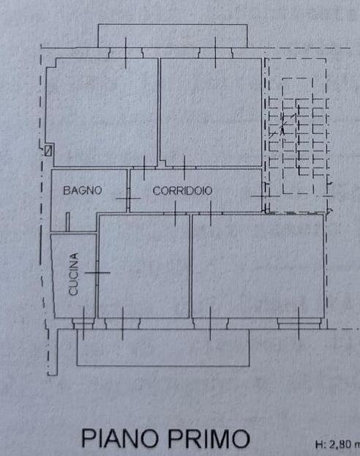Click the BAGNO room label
coord(82,190)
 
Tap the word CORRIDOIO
coord(182,190)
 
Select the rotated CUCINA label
coord(73,274)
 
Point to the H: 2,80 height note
coord(337,444)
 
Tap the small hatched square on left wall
coord(48,152)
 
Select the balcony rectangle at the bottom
coord(162,350)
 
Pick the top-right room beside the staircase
coord(211,110)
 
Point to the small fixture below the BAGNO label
coord(67,221)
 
